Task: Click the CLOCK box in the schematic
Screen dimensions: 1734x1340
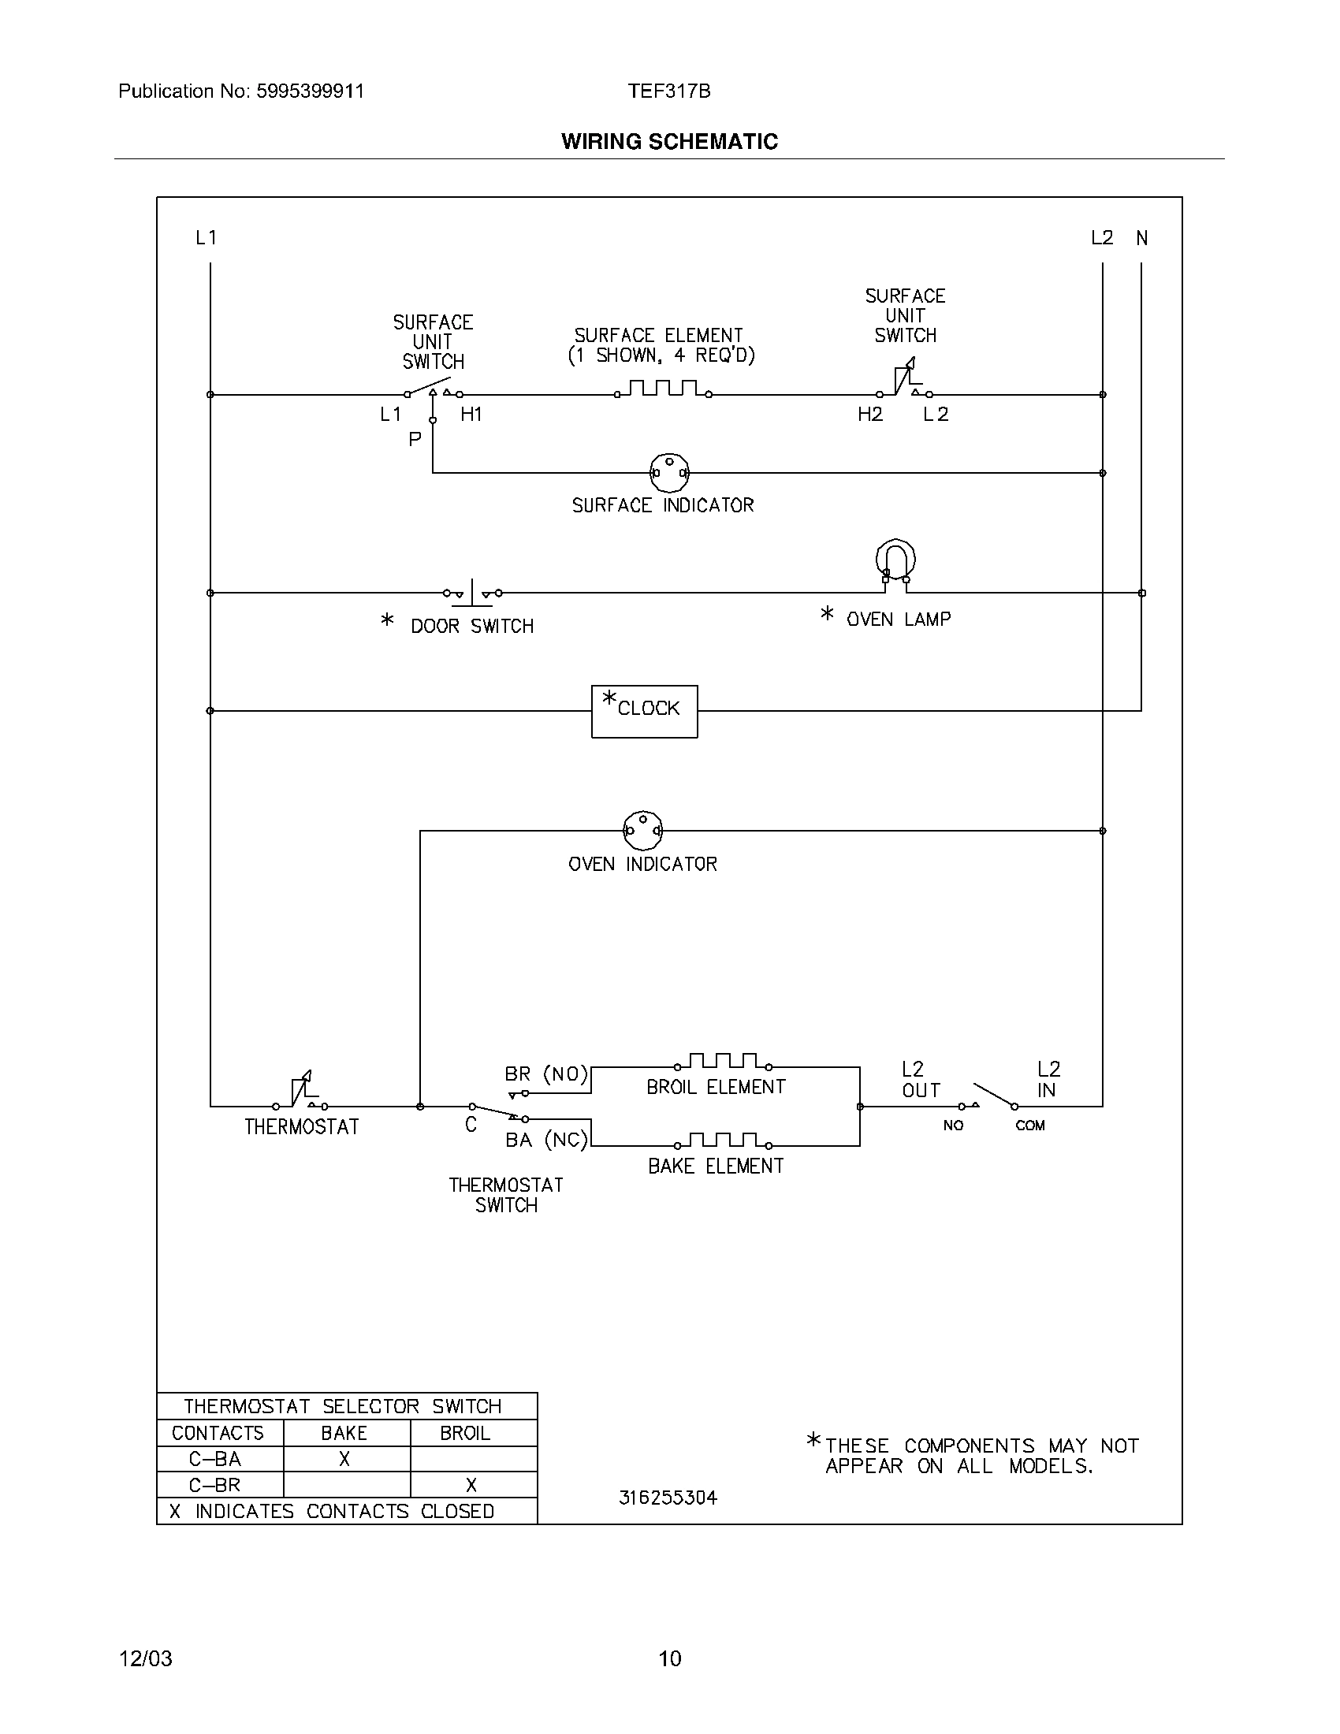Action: [644, 711]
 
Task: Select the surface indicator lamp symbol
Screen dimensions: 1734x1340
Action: [669, 472]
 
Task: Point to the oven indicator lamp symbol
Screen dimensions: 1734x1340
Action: [642, 831]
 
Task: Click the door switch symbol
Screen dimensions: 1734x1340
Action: [472, 592]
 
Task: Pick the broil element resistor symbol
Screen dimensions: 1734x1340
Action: [723, 1062]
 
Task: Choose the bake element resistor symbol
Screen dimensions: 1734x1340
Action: [723, 1141]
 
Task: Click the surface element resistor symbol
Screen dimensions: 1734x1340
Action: [663, 389]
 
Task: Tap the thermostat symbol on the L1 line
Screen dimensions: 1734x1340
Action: [301, 1092]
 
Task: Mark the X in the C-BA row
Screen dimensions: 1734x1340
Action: [344, 1459]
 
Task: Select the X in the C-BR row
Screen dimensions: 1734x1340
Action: [471, 1485]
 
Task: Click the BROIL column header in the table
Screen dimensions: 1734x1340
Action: [465, 1433]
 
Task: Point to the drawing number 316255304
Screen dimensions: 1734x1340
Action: [668, 1498]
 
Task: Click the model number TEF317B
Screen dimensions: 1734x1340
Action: [669, 91]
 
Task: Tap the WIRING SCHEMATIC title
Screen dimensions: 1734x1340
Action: [669, 141]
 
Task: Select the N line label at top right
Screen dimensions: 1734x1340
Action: [1141, 237]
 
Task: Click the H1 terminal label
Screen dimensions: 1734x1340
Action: [471, 414]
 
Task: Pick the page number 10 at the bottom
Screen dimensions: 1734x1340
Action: [669, 1658]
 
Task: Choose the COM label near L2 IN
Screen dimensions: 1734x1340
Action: [1029, 1125]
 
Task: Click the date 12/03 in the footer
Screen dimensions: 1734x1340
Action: [145, 1658]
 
